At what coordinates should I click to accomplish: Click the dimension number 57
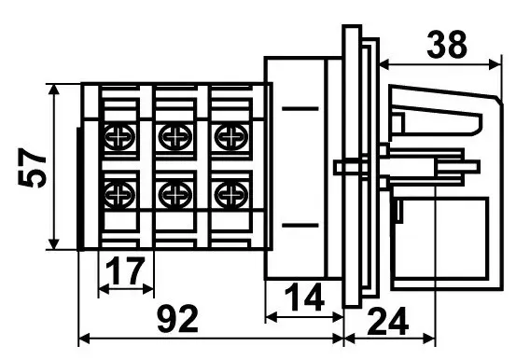32,168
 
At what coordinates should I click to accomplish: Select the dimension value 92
178,319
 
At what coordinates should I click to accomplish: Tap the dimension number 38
447,45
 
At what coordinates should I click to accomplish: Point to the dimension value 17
125,271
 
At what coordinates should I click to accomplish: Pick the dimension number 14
304,298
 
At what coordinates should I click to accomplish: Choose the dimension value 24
387,321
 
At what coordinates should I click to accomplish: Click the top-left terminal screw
119,137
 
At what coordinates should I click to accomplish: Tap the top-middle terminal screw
175,137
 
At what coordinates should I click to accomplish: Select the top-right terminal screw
231,137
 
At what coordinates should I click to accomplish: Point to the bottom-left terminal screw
119,195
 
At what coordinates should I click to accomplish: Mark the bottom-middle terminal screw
175,195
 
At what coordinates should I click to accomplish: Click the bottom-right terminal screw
231,195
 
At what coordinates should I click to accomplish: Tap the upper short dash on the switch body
300,109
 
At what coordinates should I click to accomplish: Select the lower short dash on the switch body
300,225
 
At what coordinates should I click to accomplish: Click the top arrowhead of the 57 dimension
53,90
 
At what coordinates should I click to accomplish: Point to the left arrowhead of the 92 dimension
84,339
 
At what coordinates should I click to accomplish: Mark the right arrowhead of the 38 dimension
495,64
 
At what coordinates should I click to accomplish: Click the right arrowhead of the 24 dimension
429,339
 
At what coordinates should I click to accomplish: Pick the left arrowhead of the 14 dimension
272,317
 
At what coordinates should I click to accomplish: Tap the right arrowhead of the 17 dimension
148,289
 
